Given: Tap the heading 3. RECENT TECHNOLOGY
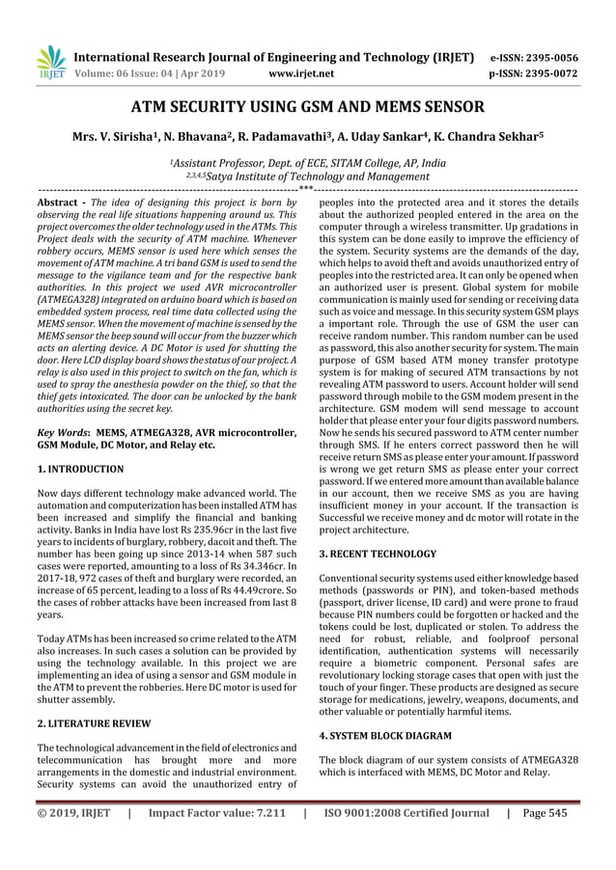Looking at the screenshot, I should [378, 555].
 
